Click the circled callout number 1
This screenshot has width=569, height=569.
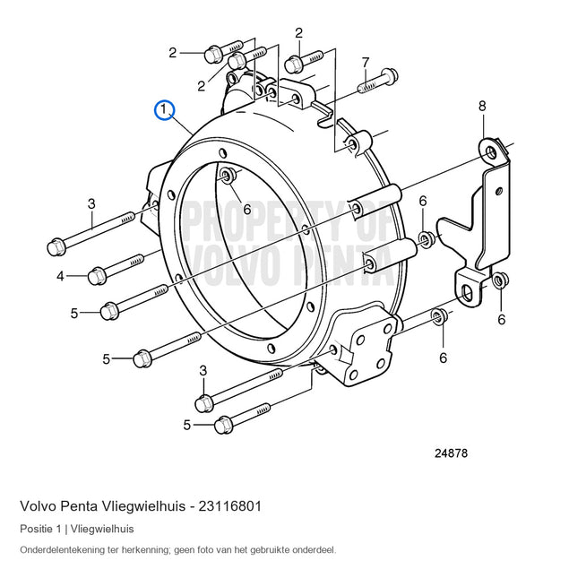click(x=164, y=110)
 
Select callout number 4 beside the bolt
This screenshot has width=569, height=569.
click(x=60, y=277)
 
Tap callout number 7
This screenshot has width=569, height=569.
click(x=366, y=63)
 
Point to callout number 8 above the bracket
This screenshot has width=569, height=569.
click(x=482, y=107)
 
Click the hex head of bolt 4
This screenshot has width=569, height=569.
click(x=97, y=277)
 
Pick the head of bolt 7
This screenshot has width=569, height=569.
click(x=391, y=75)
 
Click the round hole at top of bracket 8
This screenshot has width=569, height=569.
click(x=491, y=152)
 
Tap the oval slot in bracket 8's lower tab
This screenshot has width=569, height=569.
click(x=468, y=293)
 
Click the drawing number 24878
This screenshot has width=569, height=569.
click(x=451, y=453)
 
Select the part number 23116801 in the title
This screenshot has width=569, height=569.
click(x=229, y=506)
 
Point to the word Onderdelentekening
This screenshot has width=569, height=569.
click(x=62, y=550)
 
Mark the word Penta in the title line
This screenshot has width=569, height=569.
click(x=79, y=506)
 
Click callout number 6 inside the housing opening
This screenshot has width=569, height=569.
click(x=247, y=210)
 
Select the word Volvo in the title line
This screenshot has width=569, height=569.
click(x=39, y=506)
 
